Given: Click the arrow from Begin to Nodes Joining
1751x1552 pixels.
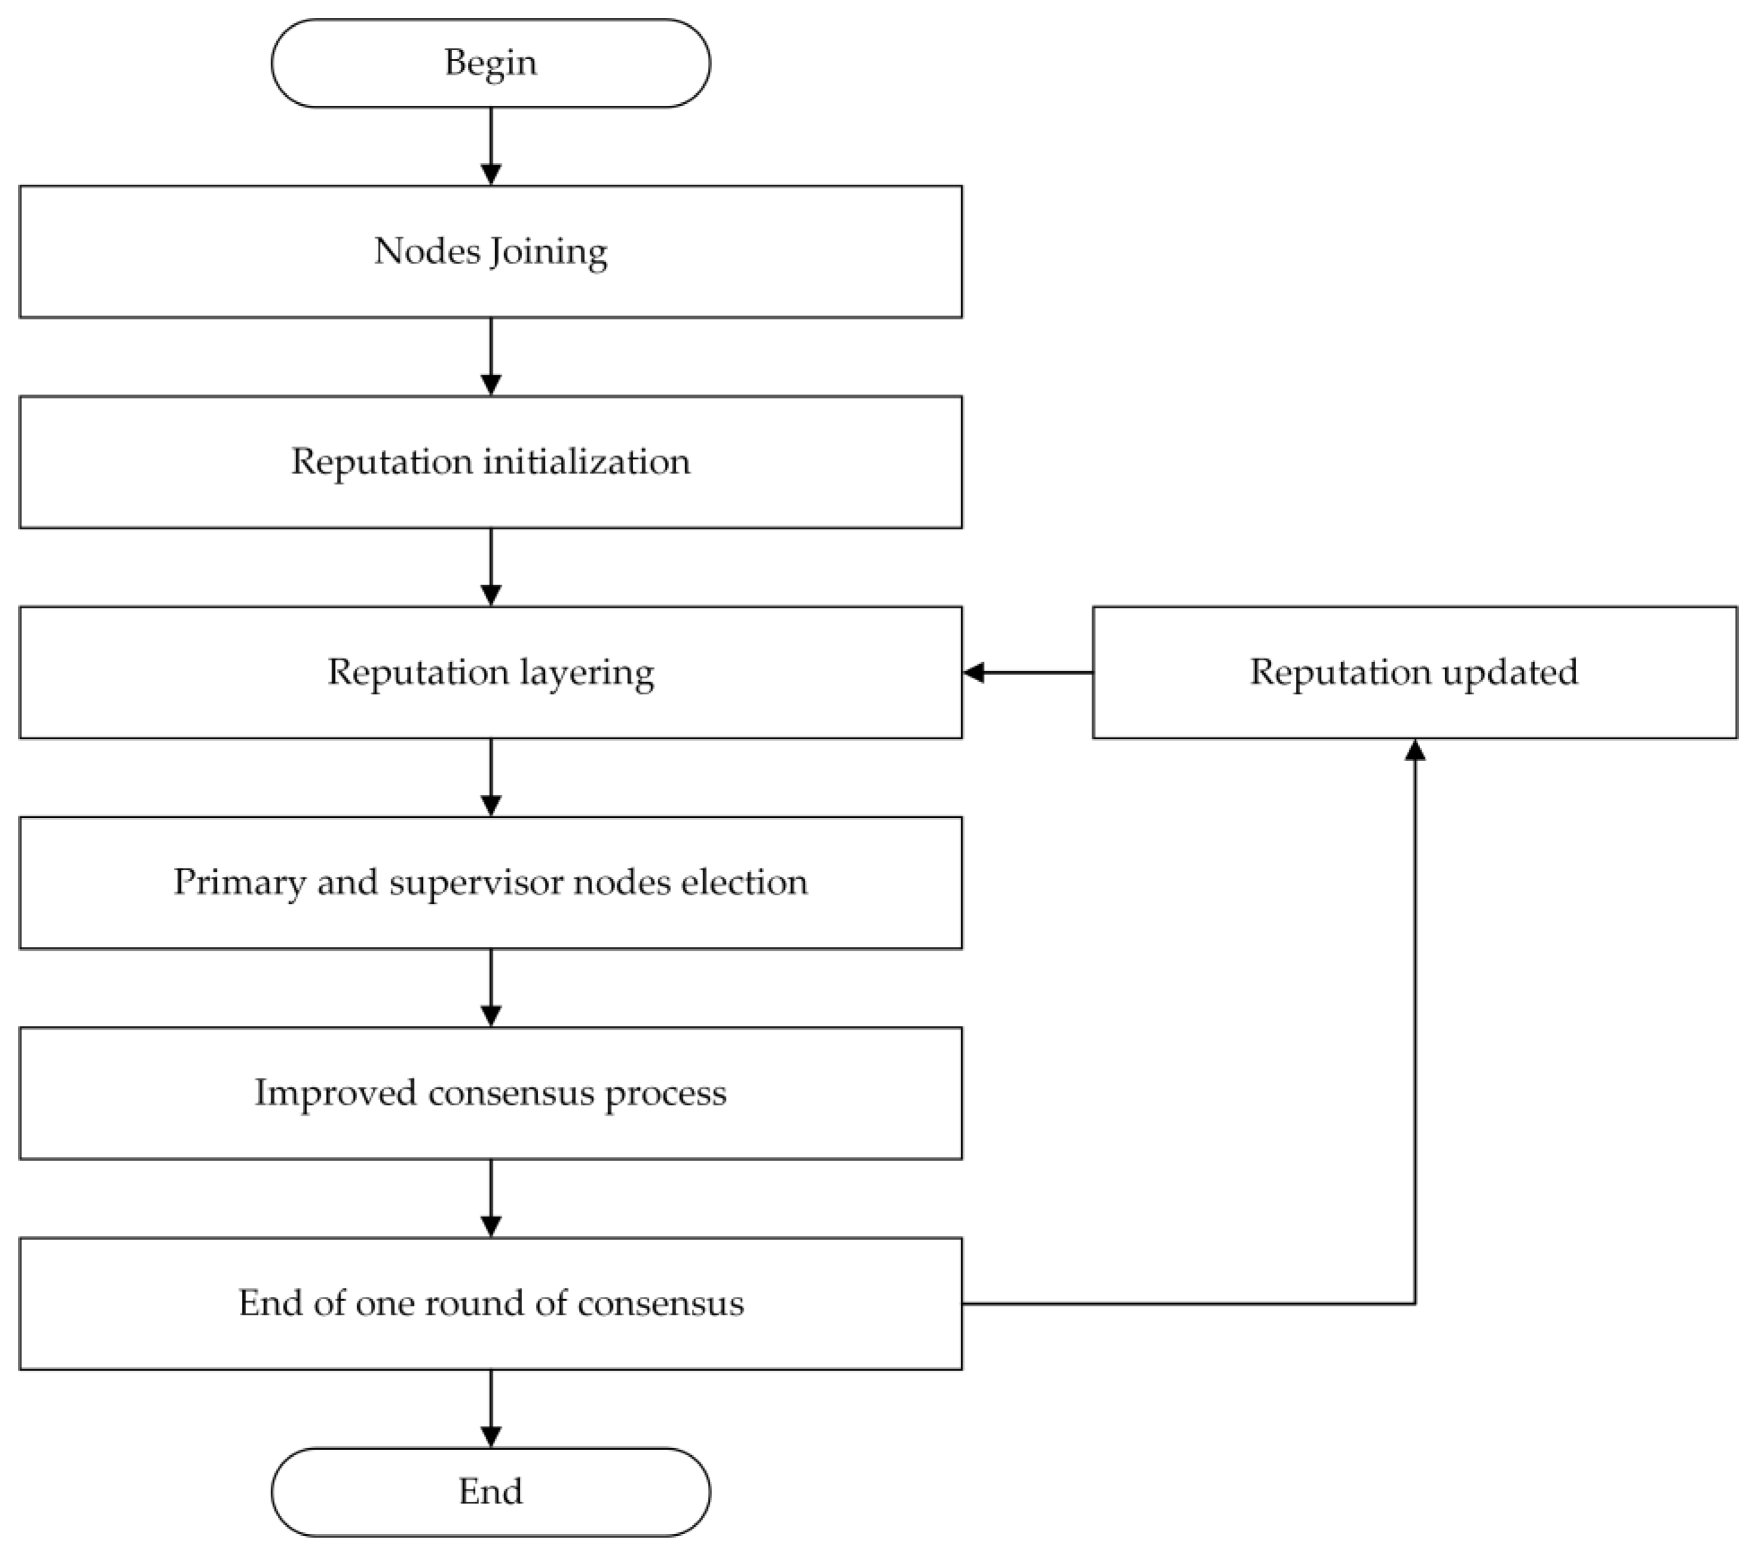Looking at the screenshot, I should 491,146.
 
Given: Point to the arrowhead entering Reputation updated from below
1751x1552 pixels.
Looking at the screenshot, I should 1415,751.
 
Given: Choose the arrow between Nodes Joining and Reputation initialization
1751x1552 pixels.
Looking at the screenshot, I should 491,357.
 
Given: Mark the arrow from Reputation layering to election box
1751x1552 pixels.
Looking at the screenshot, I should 491,777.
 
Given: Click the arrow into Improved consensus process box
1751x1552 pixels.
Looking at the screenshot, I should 491,988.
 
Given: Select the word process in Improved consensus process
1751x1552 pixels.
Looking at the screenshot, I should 666,1094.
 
